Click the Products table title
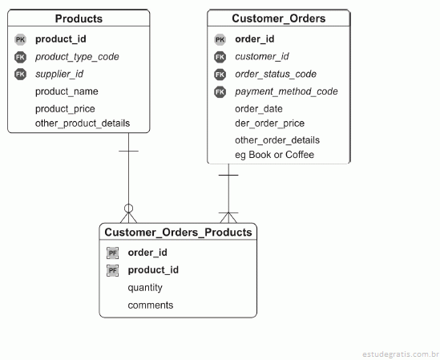click(79, 18)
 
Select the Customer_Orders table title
click(279, 18)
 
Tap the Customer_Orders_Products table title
click(178, 233)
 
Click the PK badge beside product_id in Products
click(20, 39)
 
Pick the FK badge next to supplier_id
click(20, 74)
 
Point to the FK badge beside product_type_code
click(20, 57)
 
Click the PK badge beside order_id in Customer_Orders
click(220, 39)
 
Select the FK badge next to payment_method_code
click(220, 92)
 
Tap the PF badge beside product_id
click(112, 270)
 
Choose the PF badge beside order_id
click(112, 253)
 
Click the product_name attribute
click(67, 91)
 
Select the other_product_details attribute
click(83, 123)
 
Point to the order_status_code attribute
click(276, 74)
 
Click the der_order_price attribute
click(269, 123)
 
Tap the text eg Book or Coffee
click(274, 155)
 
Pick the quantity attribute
click(145, 288)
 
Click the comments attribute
click(151, 305)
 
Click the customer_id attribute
click(262, 57)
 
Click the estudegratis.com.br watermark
click(401, 354)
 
